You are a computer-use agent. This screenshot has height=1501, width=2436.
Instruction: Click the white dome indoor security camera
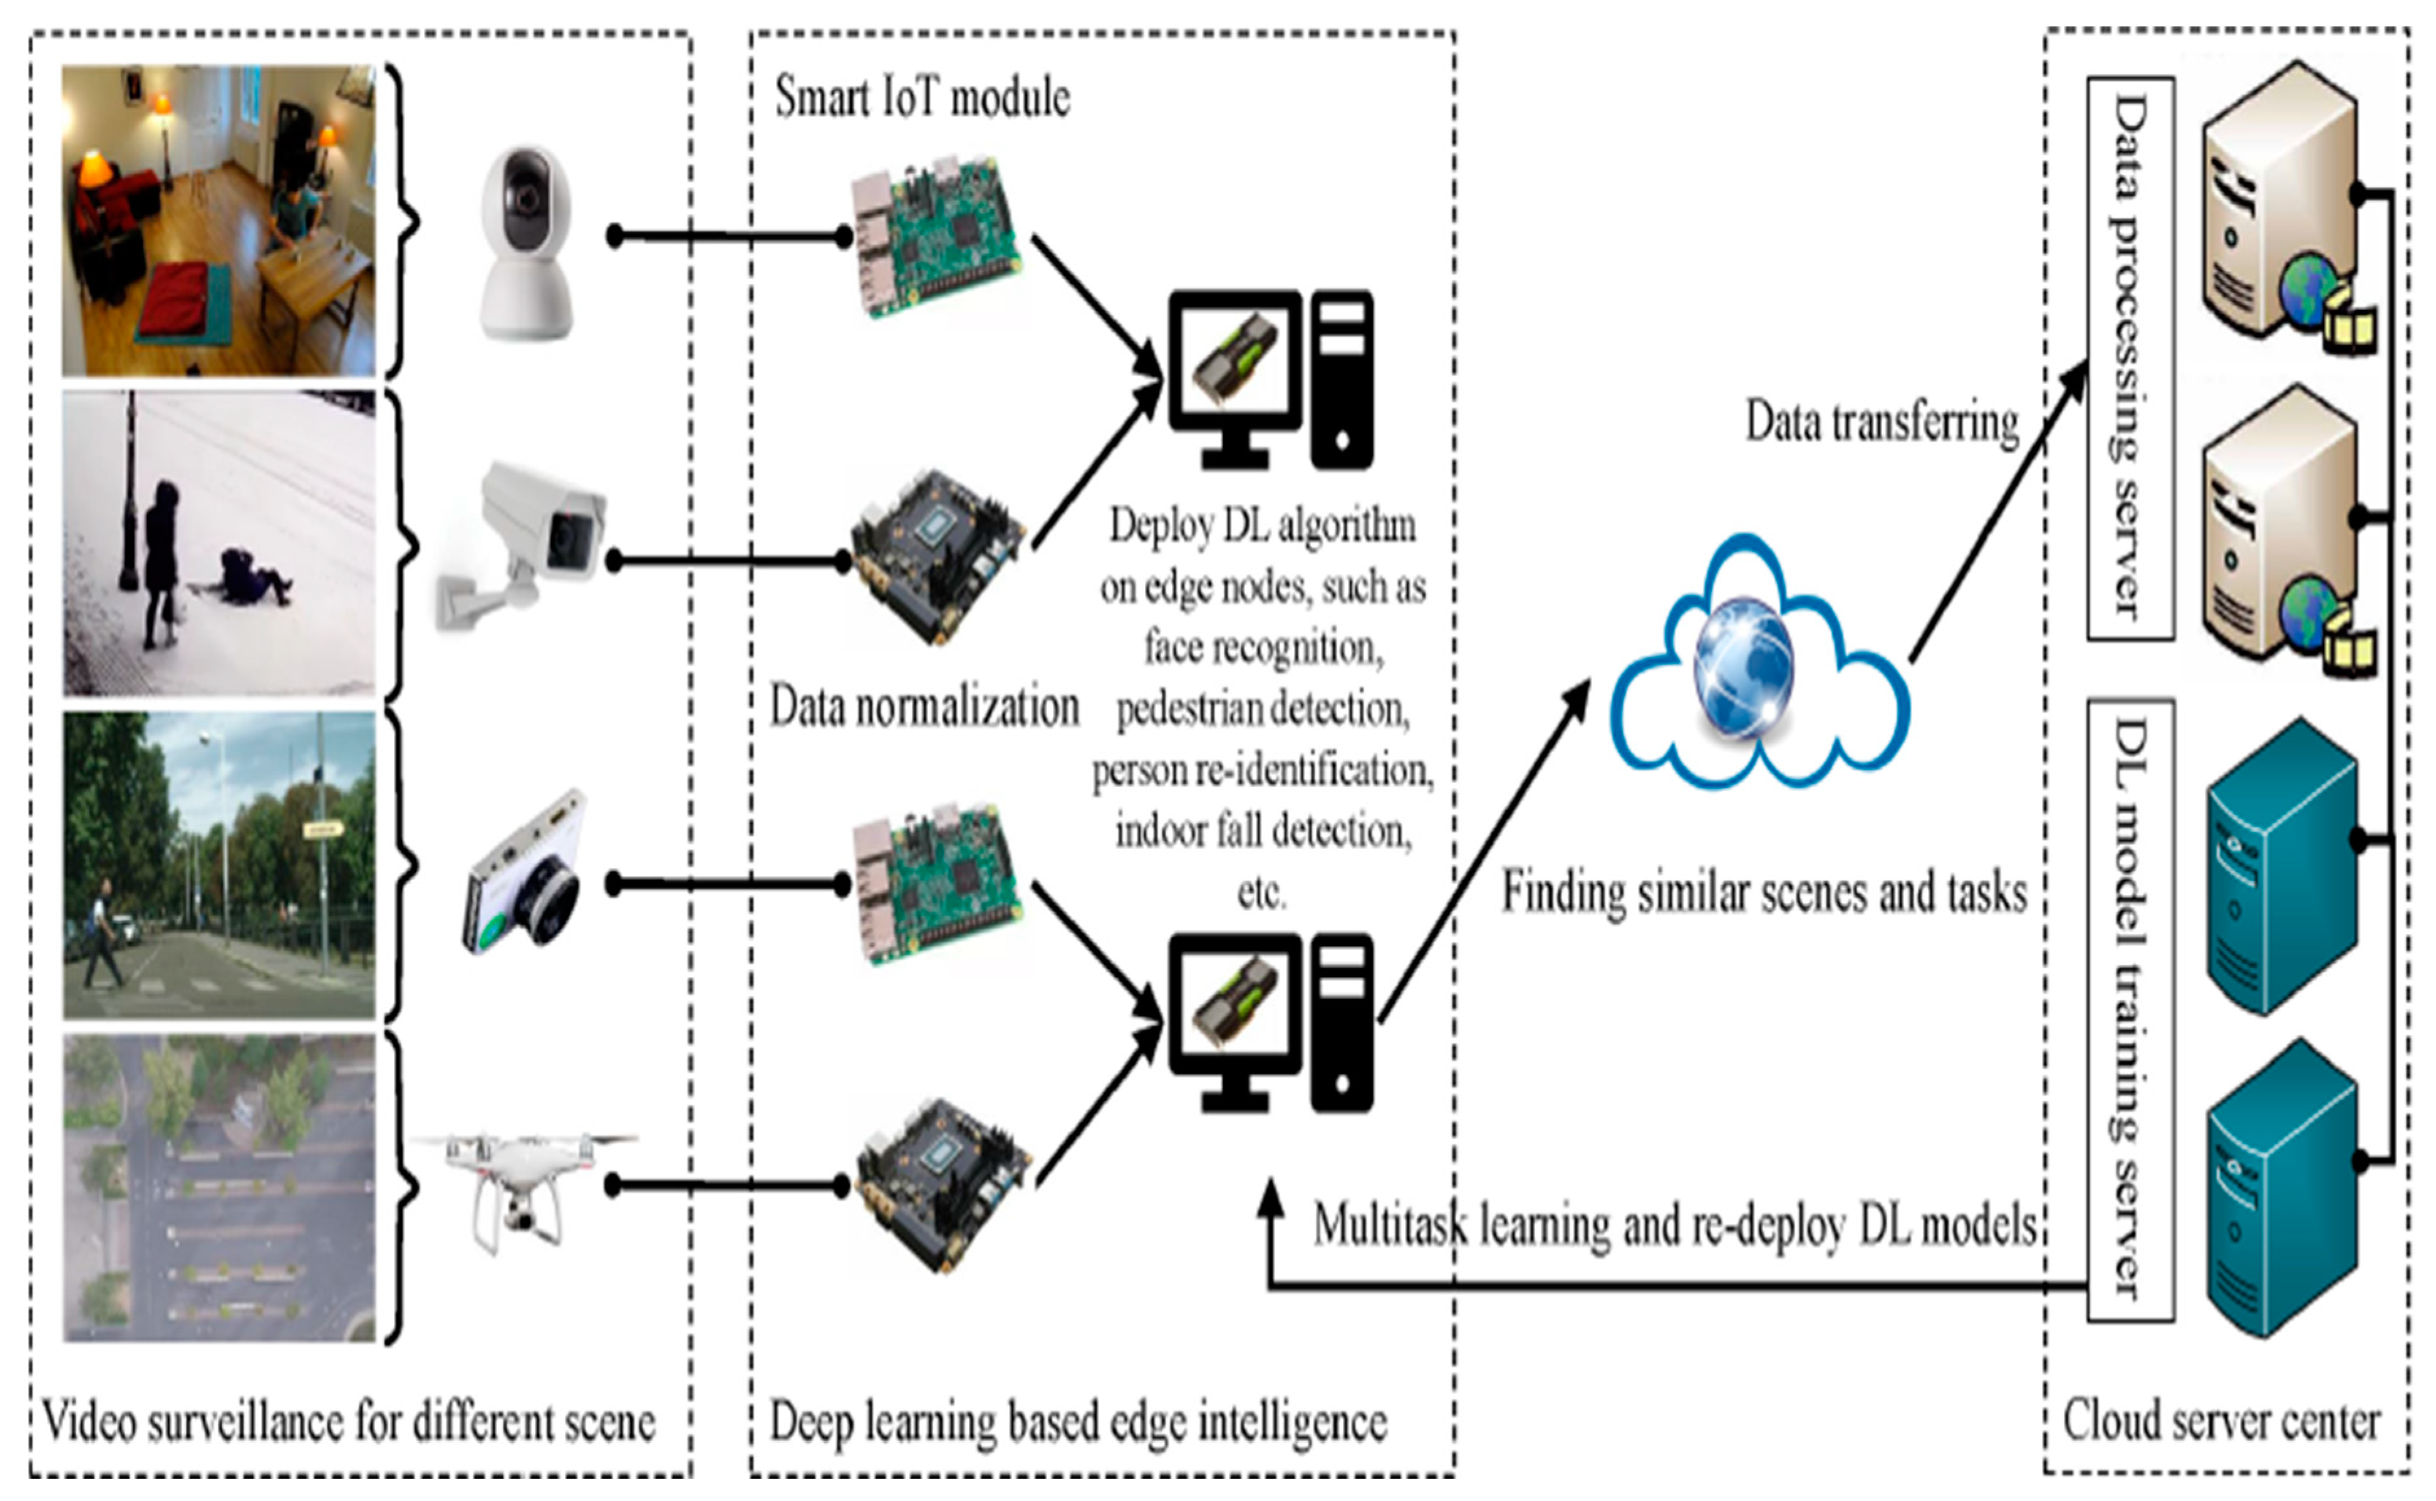tap(526, 243)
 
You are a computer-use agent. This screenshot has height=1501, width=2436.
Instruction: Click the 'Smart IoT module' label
tap(922, 97)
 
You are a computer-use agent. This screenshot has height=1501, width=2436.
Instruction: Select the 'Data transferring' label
tap(1882, 422)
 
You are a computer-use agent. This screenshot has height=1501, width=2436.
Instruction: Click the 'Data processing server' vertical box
tap(2131, 358)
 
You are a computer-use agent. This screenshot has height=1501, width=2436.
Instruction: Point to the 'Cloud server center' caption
tap(2222, 1421)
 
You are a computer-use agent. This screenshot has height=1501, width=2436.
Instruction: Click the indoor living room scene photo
tap(219, 221)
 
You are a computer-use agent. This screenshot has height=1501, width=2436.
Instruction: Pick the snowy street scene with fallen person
tap(219, 542)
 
